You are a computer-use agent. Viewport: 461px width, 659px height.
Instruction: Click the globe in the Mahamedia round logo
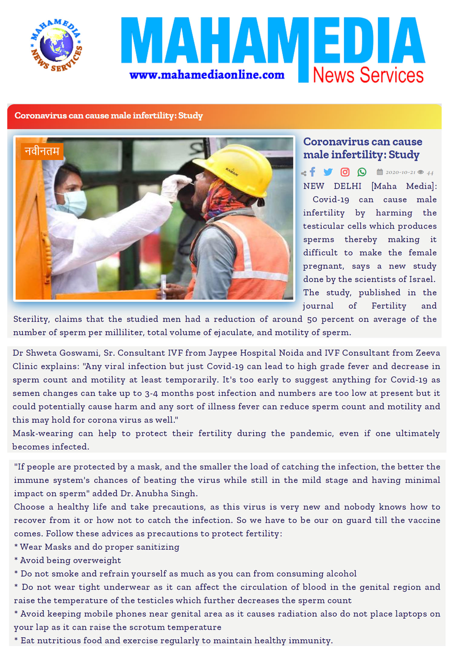(x=56, y=44)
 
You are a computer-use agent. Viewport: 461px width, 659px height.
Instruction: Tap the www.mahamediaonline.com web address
(x=207, y=75)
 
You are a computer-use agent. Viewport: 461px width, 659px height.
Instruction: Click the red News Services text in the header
(x=368, y=75)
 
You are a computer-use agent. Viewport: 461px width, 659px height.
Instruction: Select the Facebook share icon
(x=312, y=172)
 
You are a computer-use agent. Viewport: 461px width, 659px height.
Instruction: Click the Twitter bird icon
(x=328, y=172)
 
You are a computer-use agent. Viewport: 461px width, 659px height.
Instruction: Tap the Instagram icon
(x=345, y=172)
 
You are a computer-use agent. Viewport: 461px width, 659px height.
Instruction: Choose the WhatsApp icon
(x=362, y=172)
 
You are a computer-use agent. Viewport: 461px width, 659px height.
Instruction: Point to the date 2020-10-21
(x=400, y=172)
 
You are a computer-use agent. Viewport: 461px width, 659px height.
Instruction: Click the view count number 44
(x=430, y=173)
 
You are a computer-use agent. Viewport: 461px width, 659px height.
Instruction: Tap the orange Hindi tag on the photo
(x=42, y=151)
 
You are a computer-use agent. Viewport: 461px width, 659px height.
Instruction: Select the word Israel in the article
(x=422, y=279)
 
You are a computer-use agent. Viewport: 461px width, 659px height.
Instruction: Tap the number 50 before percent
(x=312, y=319)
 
